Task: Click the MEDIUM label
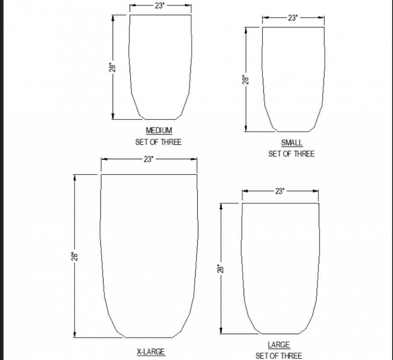159,131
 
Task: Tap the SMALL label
292,143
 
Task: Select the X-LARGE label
151,351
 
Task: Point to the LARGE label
279,345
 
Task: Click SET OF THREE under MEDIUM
159,142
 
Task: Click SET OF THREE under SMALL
291,154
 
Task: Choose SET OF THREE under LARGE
279,355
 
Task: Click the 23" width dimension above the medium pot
159,6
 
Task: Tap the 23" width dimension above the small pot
293,18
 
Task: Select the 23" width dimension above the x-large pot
149,159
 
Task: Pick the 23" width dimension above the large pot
280,191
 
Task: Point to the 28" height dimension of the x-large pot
75,256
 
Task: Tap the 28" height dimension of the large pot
220,269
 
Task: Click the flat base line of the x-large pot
149,337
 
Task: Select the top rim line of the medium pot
160,15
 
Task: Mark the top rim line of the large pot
280,204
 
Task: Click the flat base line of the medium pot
160,119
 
